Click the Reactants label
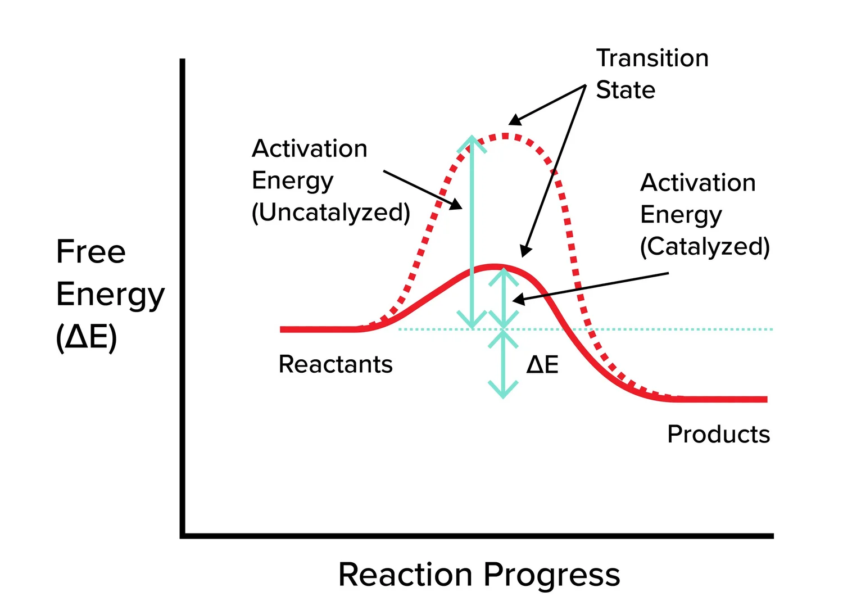[336, 364]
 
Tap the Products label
[718, 434]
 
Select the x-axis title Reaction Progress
[479, 575]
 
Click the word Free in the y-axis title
[90, 251]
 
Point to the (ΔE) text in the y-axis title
[87, 337]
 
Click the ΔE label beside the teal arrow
[542, 365]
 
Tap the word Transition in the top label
[652, 58]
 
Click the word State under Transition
[625, 90]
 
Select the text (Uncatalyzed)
[330, 213]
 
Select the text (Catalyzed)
[705, 246]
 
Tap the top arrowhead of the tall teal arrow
[472, 141]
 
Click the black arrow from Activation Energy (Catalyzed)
[590, 287]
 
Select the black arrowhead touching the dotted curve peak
[514, 120]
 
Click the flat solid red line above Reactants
[318, 329]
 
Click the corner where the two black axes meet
[183, 536]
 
